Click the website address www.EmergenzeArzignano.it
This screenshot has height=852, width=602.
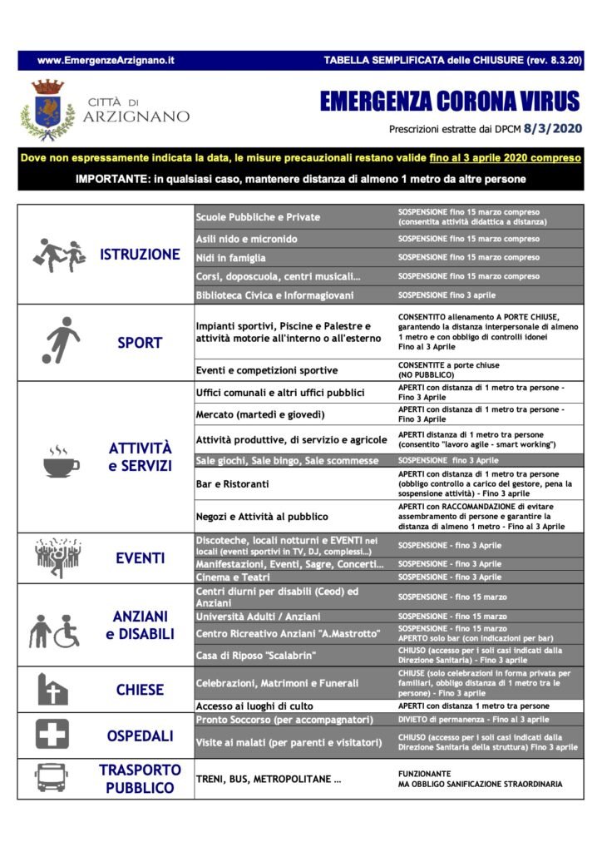(106, 61)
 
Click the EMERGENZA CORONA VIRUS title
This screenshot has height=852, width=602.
(450, 102)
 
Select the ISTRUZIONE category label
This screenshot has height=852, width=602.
(140, 255)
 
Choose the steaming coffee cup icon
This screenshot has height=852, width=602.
(61, 461)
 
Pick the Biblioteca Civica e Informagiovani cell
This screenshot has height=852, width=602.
(275, 295)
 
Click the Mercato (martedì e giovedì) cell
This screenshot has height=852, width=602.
(259, 414)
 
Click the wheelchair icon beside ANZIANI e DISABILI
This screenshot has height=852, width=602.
(67, 632)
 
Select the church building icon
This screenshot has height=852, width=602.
(52, 690)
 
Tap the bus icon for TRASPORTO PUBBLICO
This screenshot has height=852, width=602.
(50, 778)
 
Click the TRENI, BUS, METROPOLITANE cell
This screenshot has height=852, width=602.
(269, 780)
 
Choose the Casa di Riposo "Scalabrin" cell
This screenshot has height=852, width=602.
(256, 655)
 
